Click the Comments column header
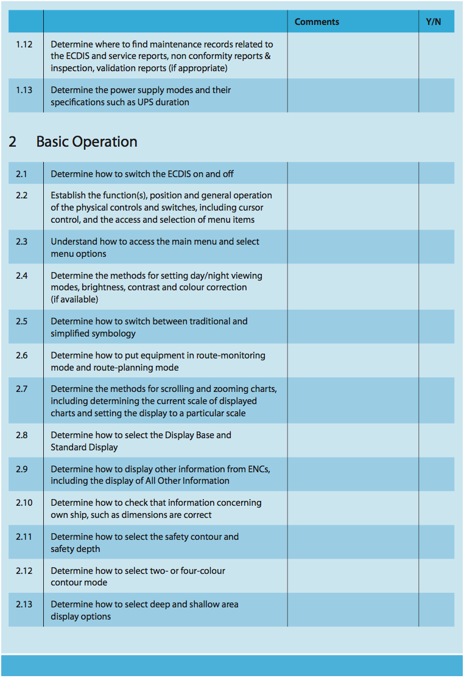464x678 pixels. pyautogui.click(x=317, y=22)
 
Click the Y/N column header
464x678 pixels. pyautogui.click(x=434, y=22)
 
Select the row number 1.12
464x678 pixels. pyautogui.click(x=24, y=44)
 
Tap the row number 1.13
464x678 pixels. pyautogui.click(x=24, y=90)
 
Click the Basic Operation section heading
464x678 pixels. pyautogui.click(x=86, y=142)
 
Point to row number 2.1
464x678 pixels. pyautogui.click(x=22, y=174)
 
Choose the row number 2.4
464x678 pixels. pyautogui.click(x=22, y=276)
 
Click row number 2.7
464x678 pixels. pyautogui.click(x=22, y=389)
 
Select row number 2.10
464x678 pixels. pyautogui.click(x=24, y=503)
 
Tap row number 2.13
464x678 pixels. pyautogui.click(x=24, y=604)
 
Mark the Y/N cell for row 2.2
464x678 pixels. pyautogui.click(x=436, y=207)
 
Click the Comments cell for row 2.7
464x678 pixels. pyautogui.click(x=353, y=400)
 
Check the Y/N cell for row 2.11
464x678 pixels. pyautogui.click(x=436, y=542)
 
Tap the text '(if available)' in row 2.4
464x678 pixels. pyautogui.click(x=74, y=299)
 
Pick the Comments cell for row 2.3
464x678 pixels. pyautogui.click(x=353, y=247)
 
